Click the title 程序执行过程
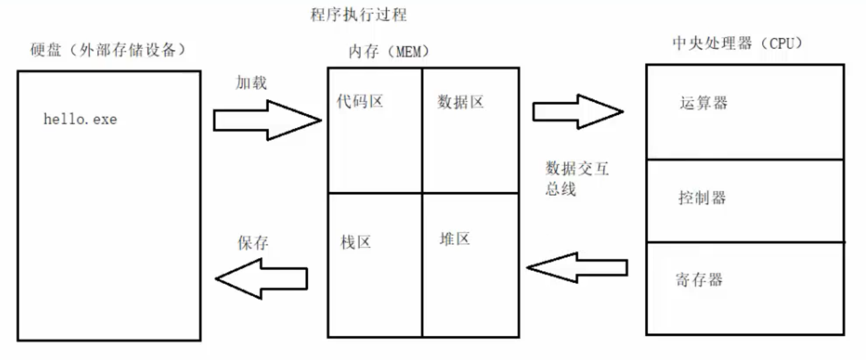coord(358,15)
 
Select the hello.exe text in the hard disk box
coord(80,119)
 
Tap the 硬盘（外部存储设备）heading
coord(108,50)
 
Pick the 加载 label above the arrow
coord(251,83)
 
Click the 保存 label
coord(253,243)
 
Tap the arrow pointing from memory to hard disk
coord(261,279)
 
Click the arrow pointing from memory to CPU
coord(577,111)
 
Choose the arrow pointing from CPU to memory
coord(577,267)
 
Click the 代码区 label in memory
coord(360,101)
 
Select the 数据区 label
coord(461,103)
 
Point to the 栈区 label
coord(356,242)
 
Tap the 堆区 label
coord(455,238)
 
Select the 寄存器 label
coord(699,280)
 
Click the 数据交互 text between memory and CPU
coord(577,169)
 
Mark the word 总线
coord(561,189)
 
